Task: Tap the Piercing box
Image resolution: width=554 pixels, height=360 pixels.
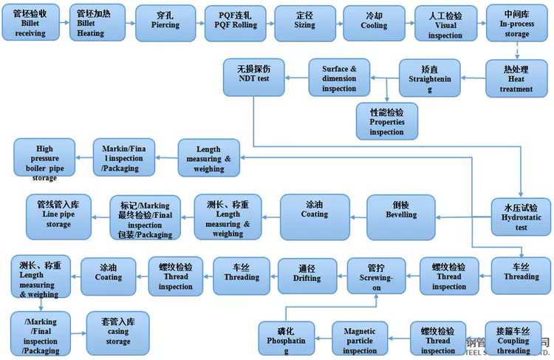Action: click(x=165, y=23)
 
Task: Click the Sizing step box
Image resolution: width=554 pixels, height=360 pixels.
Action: click(x=305, y=23)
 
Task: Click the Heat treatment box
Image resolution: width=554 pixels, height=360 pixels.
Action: click(x=516, y=78)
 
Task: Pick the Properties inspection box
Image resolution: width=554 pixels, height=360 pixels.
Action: click(x=386, y=120)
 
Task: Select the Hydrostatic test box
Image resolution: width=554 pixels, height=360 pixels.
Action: click(x=521, y=217)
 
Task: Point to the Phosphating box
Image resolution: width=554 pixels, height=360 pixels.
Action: click(x=286, y=339)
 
